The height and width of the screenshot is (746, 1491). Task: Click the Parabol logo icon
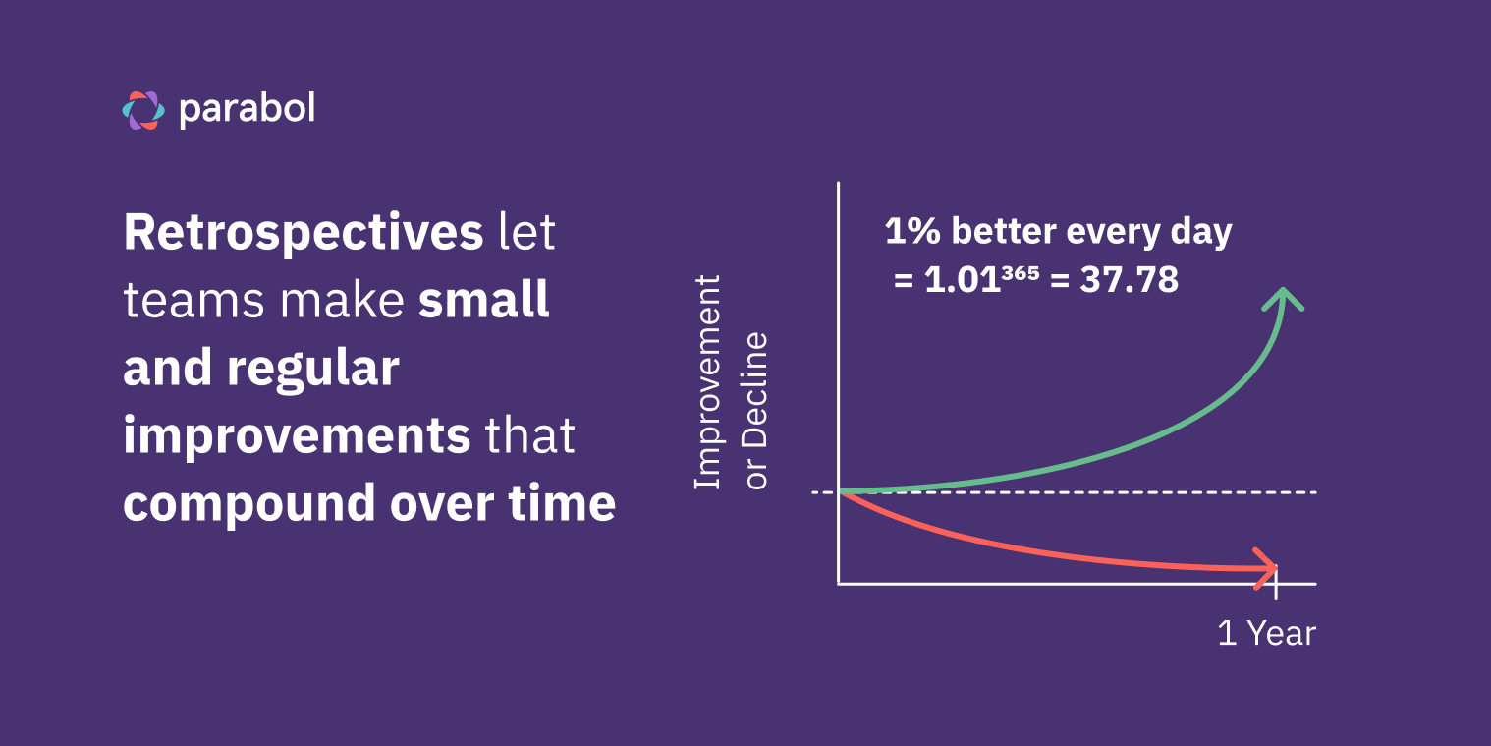pos(143,110)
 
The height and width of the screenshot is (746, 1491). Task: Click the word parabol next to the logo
pos(247,109)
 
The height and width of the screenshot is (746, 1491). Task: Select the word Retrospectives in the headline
pos(304,233)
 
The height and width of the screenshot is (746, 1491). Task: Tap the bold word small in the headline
pos(483,301)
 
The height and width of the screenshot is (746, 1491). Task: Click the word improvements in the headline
pos(297,436)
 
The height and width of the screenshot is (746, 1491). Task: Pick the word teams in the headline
pos(194,301)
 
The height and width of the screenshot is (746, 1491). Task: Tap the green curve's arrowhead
pos(1283,296)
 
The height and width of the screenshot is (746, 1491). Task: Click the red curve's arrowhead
pos(1268,567)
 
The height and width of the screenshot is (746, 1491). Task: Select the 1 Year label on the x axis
pos(1266,633)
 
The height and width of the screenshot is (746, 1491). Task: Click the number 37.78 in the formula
pos(1129,281)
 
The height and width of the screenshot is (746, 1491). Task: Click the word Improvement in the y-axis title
pos(707,381)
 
